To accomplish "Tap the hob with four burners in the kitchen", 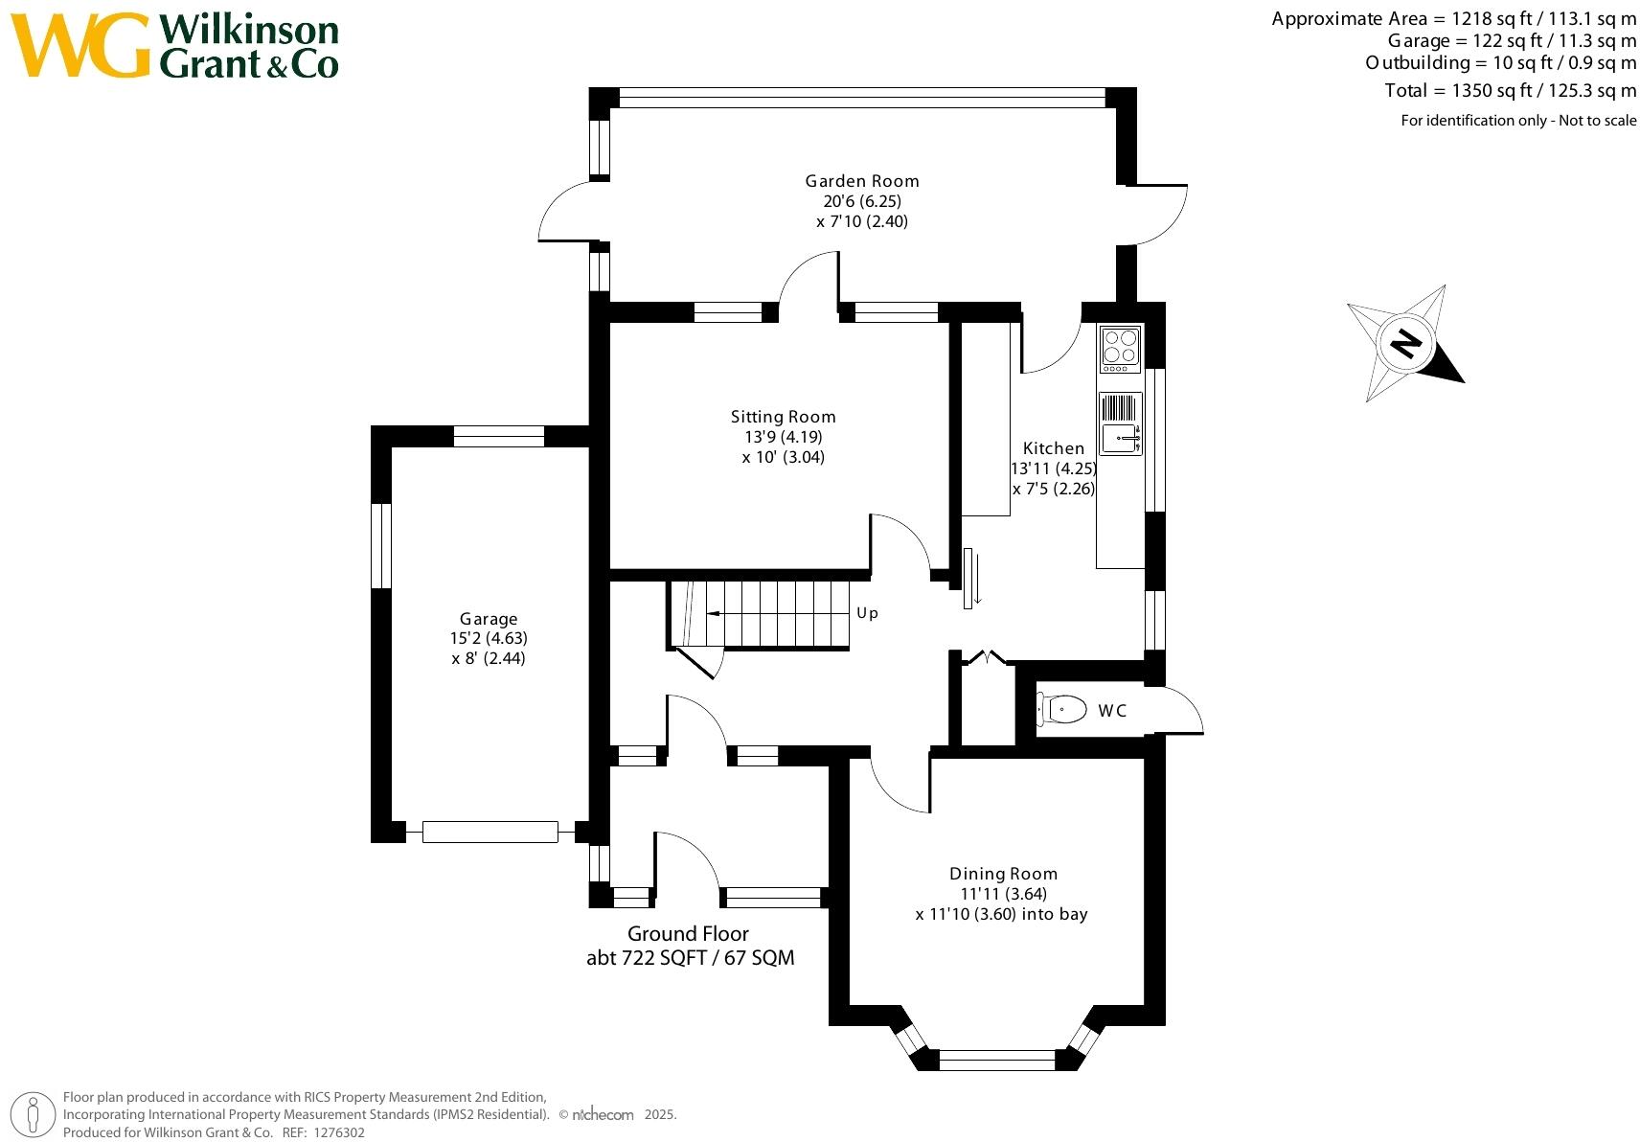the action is (x=1120, y=350).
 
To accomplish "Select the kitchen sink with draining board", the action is (x=1120, y=423).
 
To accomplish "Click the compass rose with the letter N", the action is (x=1405, y=343).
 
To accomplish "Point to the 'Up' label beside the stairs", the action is (x=868, y=613).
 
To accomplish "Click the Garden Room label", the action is (x=862, y=181).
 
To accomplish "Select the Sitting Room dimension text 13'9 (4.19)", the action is (x=784, y=437).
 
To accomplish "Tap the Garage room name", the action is (x=489, y=619).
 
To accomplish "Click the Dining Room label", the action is (x=1003, y=874).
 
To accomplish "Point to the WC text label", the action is (x=1112, y=710).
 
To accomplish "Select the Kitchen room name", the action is (x=1053, y=448).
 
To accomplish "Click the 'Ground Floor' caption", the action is (x=688, y=934).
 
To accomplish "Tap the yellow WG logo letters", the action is (x=80, y=45).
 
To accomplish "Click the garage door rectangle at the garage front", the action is (x=490, y=832).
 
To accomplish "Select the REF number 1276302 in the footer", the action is (x=339, y=1132).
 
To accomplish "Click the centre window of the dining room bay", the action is (x=997, y=1060).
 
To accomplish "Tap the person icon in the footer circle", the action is (x=33, y=1115).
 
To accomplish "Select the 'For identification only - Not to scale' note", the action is (x=1518, y=120).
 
